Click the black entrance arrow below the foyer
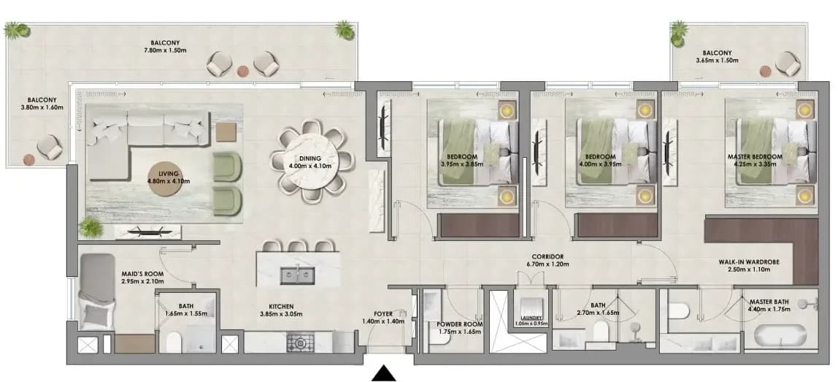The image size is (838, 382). coord(384,373)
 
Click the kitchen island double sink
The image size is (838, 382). coord(297,275)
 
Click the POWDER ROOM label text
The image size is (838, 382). coord(460,324)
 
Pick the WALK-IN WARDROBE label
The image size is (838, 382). coord(749,262)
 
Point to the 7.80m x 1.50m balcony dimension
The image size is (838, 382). coord(165,50)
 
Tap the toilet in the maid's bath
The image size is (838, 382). coord(174,343)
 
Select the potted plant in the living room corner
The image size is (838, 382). coord(91,227)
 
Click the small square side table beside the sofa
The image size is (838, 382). coord(226,132)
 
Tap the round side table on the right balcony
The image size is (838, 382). coord(765,71)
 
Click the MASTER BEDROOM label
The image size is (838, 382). coord(755,157)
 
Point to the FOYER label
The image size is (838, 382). coord(383,314)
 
